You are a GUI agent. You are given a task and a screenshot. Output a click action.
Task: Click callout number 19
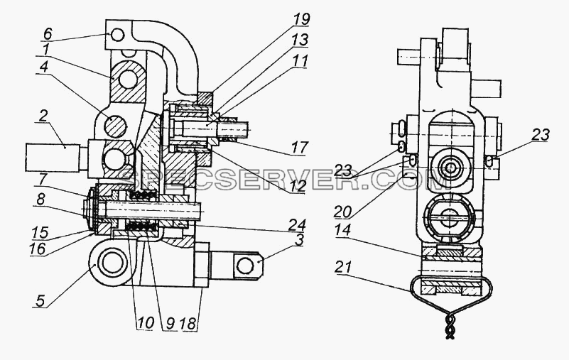click(x=302, y=20)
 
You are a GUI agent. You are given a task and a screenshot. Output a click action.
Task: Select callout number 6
click(x=48, y=34)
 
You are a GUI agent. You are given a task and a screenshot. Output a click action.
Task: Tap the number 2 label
click(x=43, y=116)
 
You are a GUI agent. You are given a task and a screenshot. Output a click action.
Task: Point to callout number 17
click(x=300, y=148)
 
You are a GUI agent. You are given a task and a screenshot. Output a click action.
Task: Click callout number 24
click(x=298, y=224)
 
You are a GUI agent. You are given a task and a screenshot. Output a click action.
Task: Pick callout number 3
click(x=298, y=241)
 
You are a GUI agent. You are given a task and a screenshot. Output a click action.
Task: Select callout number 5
click(x=41, y=301)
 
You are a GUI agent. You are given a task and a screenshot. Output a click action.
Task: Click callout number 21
click(x=343, y=268)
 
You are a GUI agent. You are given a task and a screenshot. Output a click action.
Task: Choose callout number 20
click(x=343, y=211)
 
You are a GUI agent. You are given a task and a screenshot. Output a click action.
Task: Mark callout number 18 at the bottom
click(x=188, y=323)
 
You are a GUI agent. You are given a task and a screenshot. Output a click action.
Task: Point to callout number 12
click(x=297, y=186)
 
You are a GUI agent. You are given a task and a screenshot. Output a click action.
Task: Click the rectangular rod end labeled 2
click(x=53, y=158)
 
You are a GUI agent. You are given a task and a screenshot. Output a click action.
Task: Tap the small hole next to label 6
click(x=118, y=36)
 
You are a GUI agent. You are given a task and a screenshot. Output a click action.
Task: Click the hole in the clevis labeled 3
click(x=244, y=266)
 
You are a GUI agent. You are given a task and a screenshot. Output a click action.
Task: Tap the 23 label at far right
click(x=541, y=135)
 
